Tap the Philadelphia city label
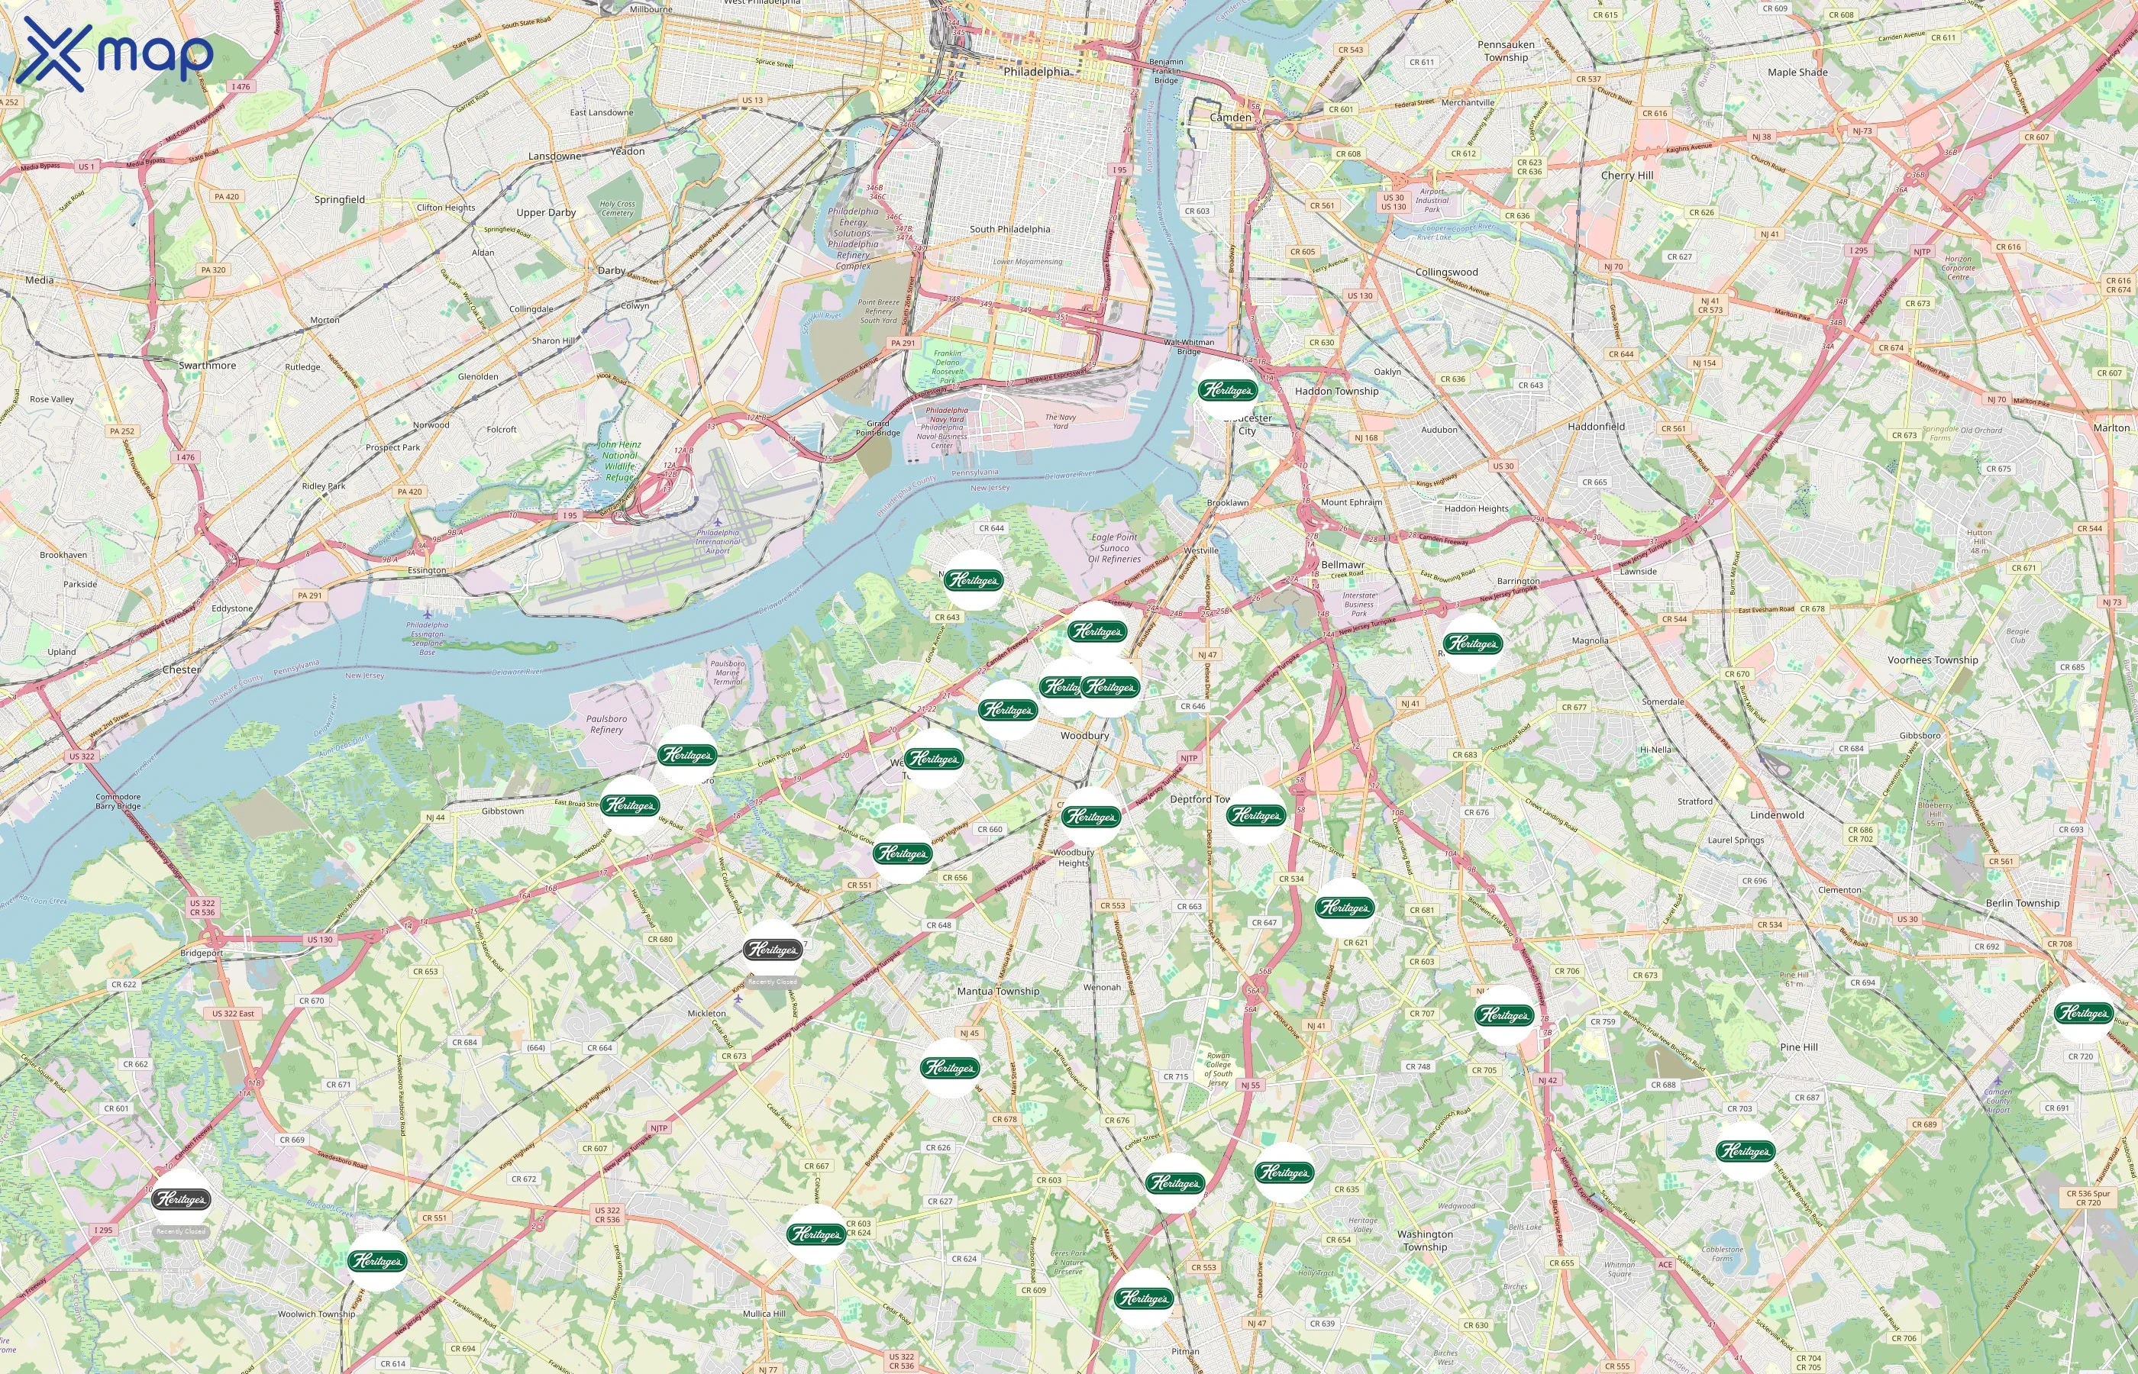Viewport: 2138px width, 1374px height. coord(1036,72)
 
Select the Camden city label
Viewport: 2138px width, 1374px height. coord(1231,117)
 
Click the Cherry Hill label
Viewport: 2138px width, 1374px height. coord(1626,176)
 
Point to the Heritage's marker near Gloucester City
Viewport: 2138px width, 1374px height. coord(1228,390)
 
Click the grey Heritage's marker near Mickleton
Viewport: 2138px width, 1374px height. coord(773,950)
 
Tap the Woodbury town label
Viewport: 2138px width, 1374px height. coord(1084,736)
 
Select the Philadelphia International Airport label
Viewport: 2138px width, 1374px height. coord(719,541)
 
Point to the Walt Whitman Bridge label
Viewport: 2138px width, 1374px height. coord(1189,347)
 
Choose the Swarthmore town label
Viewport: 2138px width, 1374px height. coord(207,366)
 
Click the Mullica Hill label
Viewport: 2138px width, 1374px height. coord(764,1314)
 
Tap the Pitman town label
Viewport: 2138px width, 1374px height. coord(1185,1352)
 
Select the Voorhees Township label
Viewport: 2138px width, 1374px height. coord(1933,660)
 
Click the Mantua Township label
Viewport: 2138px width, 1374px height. coord(998,992)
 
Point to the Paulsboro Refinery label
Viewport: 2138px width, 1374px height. coord(607,724)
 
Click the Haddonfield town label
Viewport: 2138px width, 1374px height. coord(1595,427)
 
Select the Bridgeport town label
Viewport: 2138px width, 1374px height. coord(202,953)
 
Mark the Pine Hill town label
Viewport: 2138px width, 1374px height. coord(1798,1047)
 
